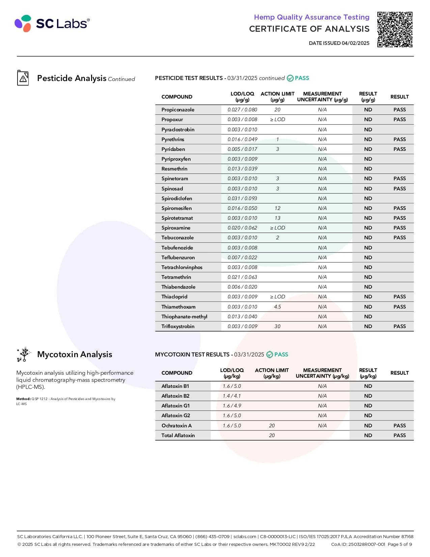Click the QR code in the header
point(395,29)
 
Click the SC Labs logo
point(52,23)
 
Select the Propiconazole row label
point(178,110)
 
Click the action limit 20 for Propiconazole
point(277,110)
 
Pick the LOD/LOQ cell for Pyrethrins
point(242,139)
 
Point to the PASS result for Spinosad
point(399,189)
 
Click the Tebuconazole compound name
point(177,238)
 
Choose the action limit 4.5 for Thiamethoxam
point(277,307)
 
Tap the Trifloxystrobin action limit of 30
point(277,326)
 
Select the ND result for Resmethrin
point(368,169)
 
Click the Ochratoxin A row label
point(176,426)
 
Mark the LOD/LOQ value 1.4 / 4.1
point(232,396)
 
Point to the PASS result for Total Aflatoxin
point(399,435)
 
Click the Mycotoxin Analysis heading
point(75,354)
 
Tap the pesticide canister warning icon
point(23,78)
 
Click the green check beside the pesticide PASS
point(290,78)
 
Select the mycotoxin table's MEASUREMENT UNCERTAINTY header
point(322,373)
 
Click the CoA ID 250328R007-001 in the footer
point(358,544)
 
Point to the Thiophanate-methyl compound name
point(184,317)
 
